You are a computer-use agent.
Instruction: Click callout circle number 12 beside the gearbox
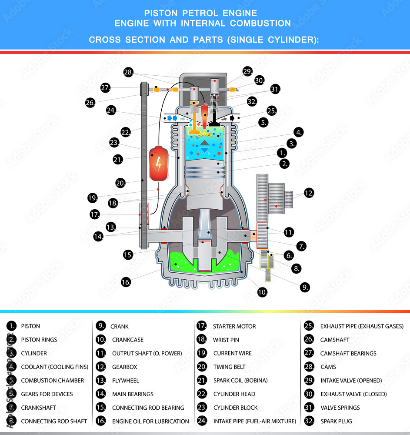[309, 193]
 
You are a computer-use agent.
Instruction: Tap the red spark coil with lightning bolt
[158, 164]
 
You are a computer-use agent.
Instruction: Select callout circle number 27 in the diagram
[105, 87]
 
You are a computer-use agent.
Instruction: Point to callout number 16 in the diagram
[126, 282]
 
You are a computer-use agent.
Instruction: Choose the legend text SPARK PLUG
[336, 421]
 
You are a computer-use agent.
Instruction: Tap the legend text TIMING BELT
[229, 367]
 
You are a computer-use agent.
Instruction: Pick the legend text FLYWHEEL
[125, 380]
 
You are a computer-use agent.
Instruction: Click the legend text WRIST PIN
[226, 340]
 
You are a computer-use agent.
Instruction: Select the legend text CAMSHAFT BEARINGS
[348, 353]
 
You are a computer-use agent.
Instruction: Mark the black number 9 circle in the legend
[101, 326]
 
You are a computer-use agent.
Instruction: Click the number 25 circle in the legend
[308, 326]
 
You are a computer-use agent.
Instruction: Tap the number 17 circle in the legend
[201, 326]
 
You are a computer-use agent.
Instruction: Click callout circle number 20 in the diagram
[120, 183]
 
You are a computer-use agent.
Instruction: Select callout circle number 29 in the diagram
[247, 72]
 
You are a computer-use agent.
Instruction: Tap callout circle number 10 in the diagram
[262, 292]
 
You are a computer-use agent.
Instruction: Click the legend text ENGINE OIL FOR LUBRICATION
[150, 421]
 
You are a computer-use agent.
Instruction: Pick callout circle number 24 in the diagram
[111, 110]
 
